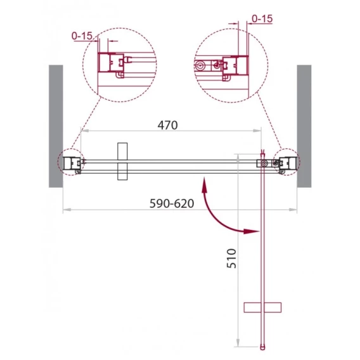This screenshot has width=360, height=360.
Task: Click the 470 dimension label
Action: (167, 125)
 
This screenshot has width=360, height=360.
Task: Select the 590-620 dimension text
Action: (172, 203)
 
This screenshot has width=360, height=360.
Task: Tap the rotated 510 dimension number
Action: (231, 259)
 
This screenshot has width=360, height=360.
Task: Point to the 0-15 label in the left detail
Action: (82, 36)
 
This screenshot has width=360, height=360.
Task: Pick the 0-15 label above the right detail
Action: (262, 18)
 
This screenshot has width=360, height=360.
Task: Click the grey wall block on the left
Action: (56, 126)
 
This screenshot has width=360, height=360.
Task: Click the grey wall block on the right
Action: (304, 126)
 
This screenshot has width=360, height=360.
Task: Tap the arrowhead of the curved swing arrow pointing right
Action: (252, 231)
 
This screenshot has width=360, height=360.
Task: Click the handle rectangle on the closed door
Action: (122, 162)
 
